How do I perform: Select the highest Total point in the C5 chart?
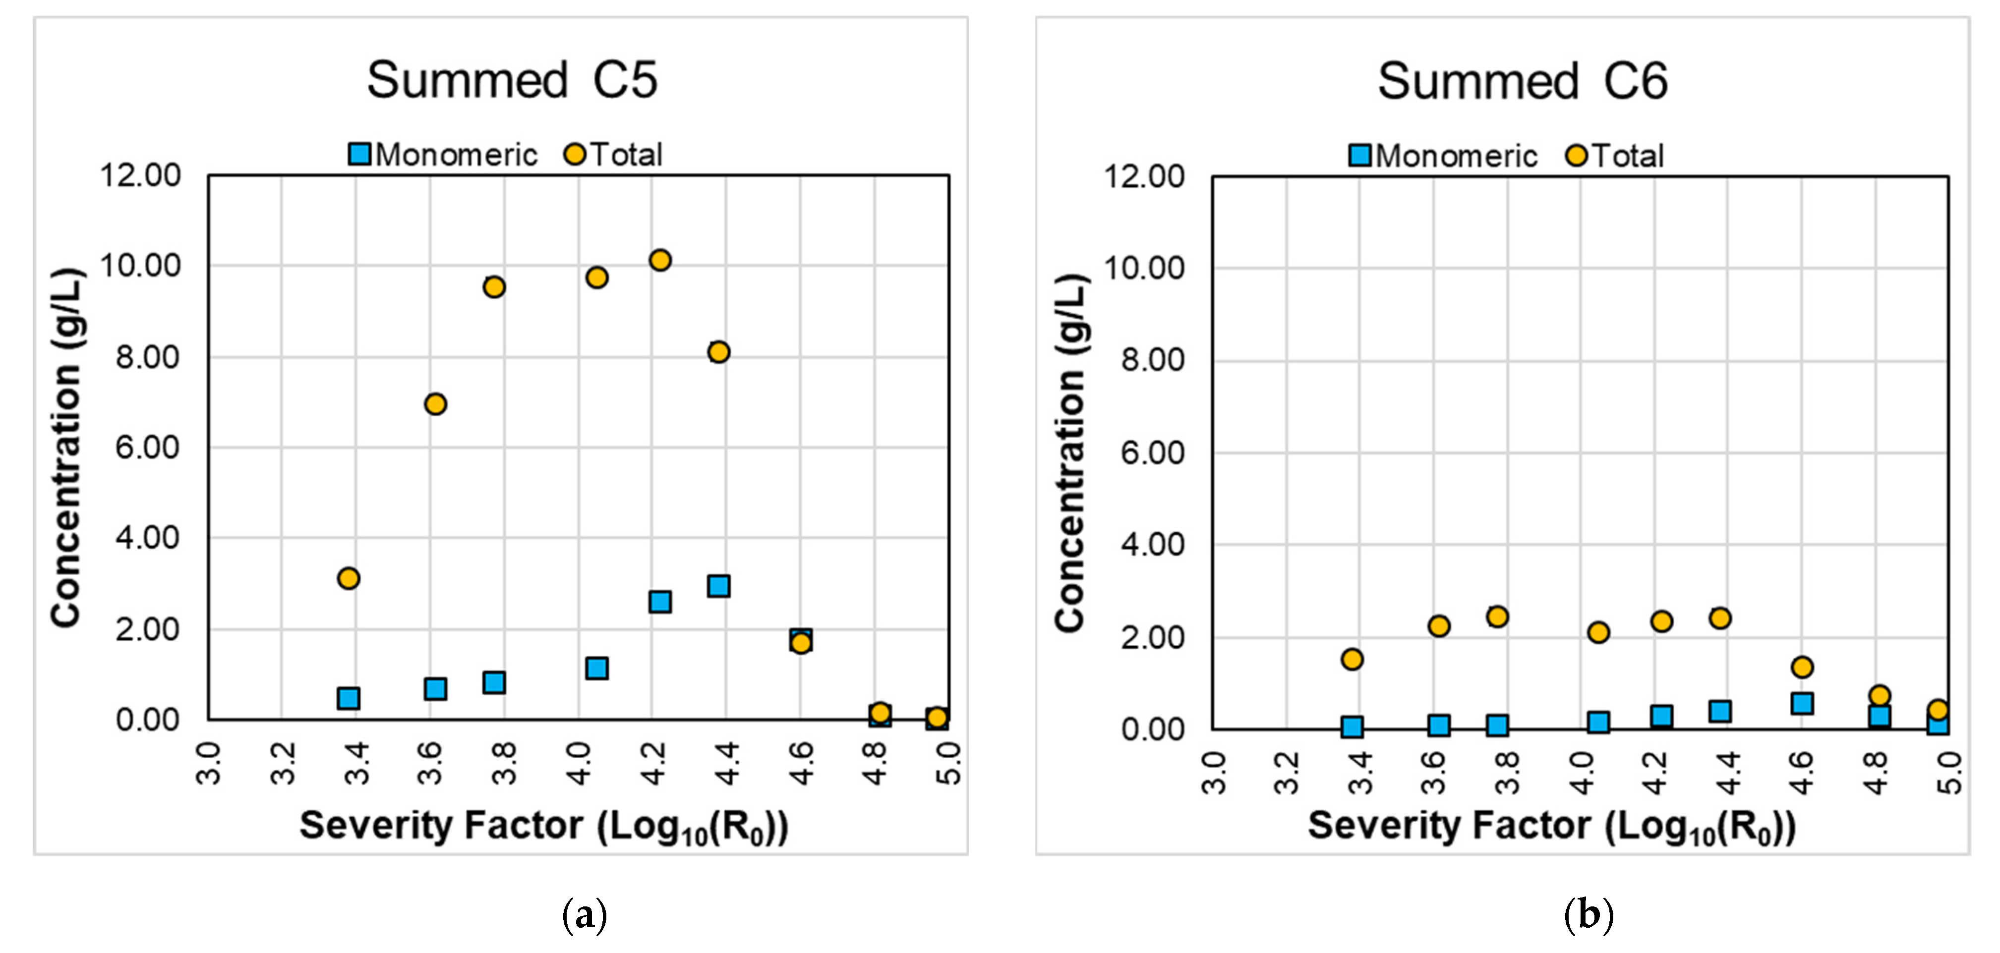click(660, 260)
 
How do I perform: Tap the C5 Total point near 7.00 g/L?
click(436, 403)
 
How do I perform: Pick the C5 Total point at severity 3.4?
click(349, 578)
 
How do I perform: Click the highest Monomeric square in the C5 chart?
click(718, 586)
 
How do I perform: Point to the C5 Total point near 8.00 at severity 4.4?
click(718, 351)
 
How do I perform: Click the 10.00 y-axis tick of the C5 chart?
click(140, 266)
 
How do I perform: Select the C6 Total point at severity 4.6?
click(1802, 667)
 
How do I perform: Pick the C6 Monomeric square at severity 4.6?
click(1802, 703)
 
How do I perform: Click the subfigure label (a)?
click(584, 915)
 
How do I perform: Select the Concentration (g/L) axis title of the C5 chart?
click(67, 448)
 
